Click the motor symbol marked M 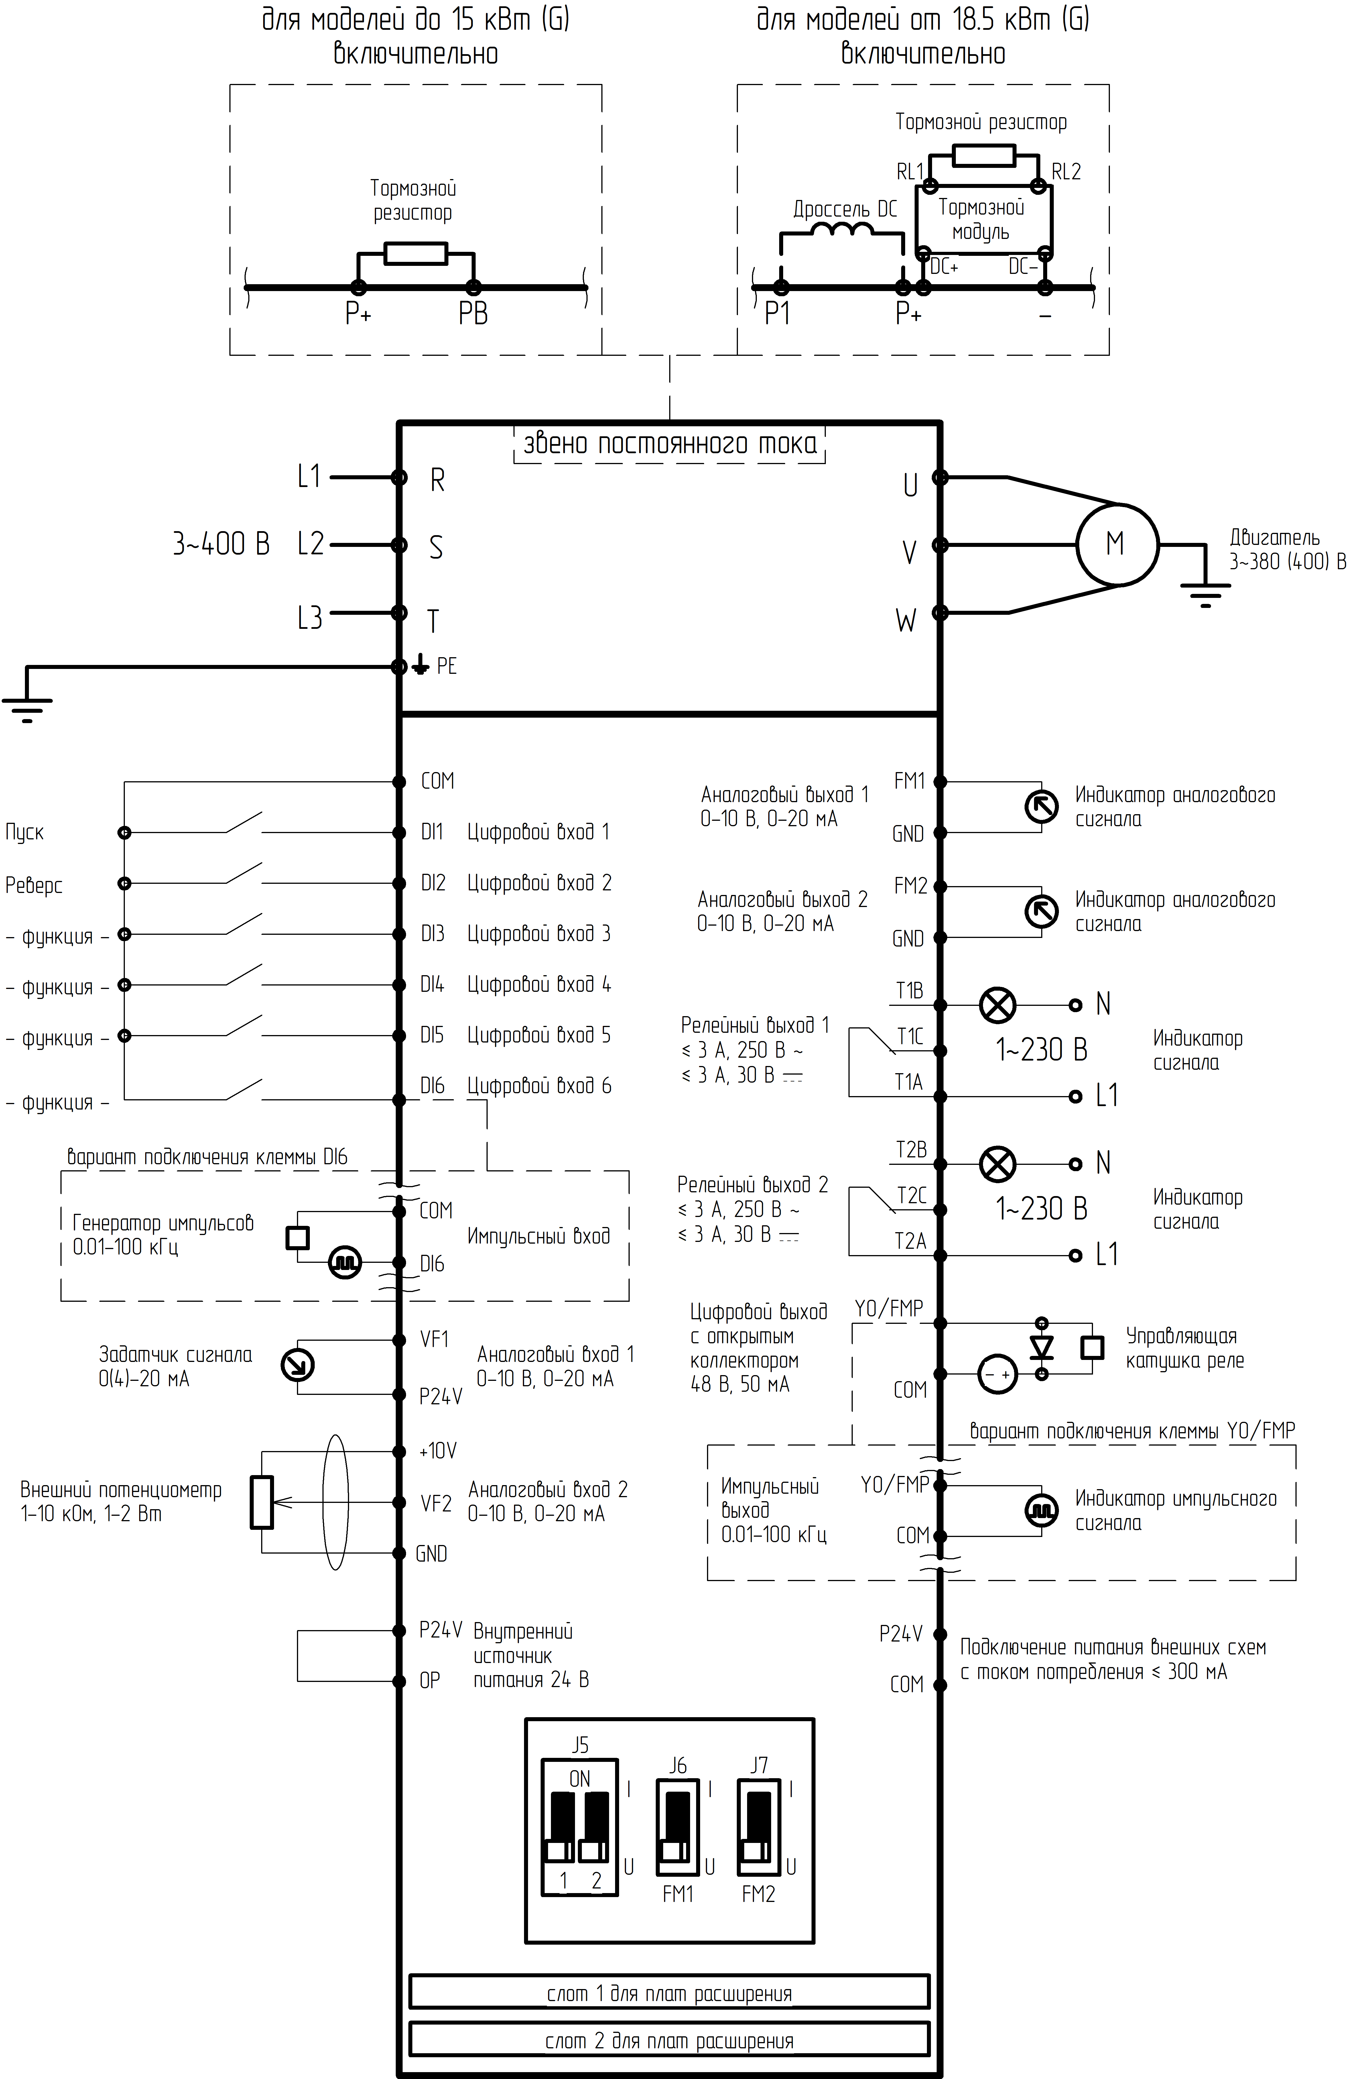1116,544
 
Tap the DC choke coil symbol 842,231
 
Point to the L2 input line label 310,544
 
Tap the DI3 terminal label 432,934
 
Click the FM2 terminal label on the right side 910,886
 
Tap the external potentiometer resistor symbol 262,1503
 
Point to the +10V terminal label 438,1451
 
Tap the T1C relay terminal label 910,1037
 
